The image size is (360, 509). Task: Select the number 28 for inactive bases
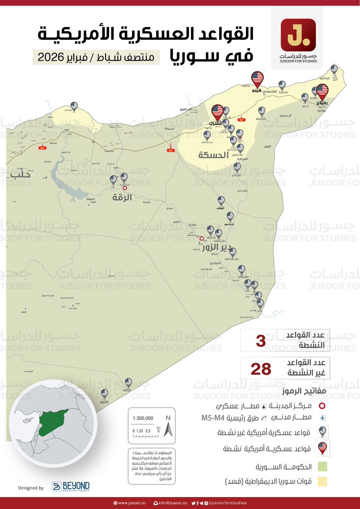tap(261, 368)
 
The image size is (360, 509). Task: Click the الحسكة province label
tap(212, 155)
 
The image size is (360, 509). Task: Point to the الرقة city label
tap(122, 197)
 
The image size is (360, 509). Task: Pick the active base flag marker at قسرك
tap(217, 111)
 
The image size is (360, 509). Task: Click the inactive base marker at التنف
tap(104, 394)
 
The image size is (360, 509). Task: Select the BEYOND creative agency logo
tap(70, 487)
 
